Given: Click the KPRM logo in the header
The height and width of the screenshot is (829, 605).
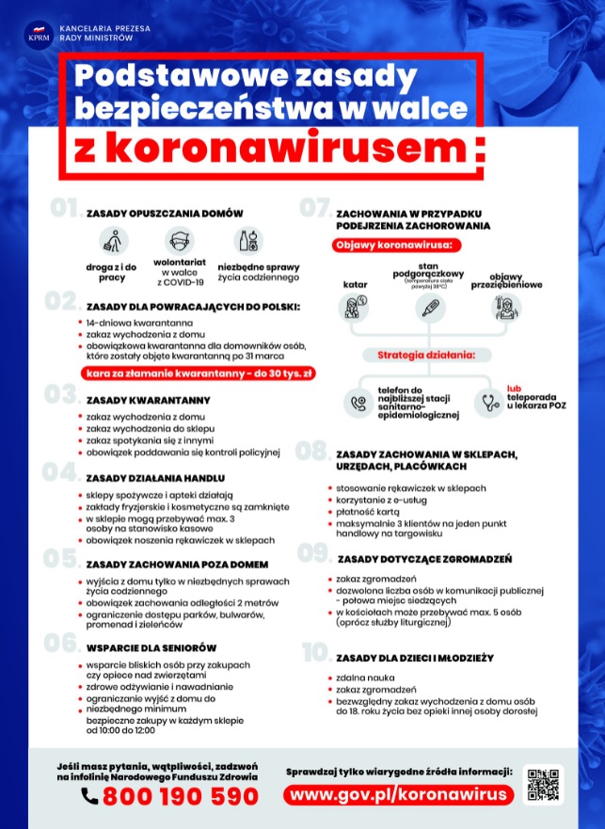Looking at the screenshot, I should [40, 36].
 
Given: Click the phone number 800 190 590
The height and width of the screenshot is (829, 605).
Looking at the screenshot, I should [180, 796].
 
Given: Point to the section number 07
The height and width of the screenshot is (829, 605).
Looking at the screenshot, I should [313, 208].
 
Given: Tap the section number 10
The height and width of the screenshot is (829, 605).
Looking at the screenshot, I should [315, 653].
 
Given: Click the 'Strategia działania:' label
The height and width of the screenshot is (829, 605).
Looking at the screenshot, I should [425, 355].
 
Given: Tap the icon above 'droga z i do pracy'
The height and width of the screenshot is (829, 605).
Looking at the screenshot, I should [114, 240].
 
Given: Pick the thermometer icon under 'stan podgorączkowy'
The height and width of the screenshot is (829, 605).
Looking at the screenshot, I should [428, 307].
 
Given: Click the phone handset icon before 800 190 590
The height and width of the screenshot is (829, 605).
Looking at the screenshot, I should [89, 796].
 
